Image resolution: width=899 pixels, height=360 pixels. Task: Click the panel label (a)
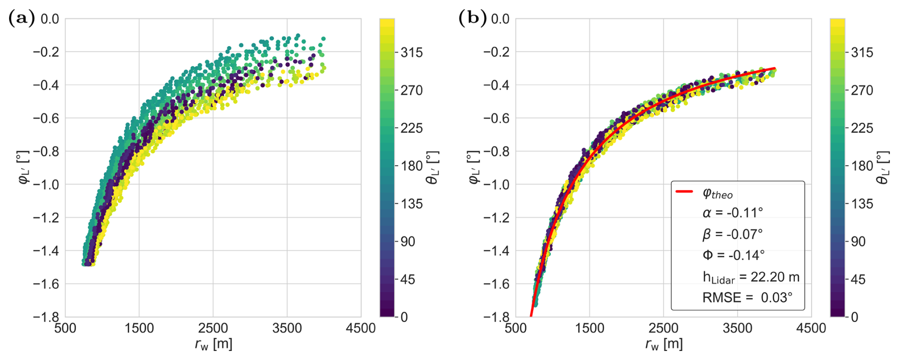click(x=21, y=19)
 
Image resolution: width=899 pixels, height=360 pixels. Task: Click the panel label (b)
click(x=472, y=19)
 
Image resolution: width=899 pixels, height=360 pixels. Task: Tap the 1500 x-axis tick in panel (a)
click(x=139, y=328)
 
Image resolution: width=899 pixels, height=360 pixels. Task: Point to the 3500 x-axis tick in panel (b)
click(x=737, y=328)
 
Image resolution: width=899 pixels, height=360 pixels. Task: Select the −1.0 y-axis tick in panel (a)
click(x=46, y=185)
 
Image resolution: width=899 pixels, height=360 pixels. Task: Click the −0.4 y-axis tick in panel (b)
click(x=497, y=85)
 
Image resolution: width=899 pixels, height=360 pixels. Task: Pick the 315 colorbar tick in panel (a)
click(x=411, y=52)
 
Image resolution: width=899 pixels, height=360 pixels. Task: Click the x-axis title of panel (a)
click(x=213, y=344)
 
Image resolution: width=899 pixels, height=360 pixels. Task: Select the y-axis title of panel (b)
click(x=474, y=167)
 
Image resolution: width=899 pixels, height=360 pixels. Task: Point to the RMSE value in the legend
click(x=747, y=298)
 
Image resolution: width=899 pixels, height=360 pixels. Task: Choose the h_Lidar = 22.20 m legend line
click(x=751, y=277)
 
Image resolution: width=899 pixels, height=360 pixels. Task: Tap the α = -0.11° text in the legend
click(x=733, y=212)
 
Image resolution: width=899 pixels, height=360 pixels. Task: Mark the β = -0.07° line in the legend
click(x=733, y=234)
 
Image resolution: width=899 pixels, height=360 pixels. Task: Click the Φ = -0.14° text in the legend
click(x=734, y=255)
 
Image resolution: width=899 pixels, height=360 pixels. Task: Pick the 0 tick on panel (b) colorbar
click(x=854, y=317)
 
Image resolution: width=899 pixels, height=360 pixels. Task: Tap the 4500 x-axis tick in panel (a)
click(x=361, y=328)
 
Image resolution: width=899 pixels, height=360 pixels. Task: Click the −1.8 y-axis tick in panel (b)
click(x=497, y=317)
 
